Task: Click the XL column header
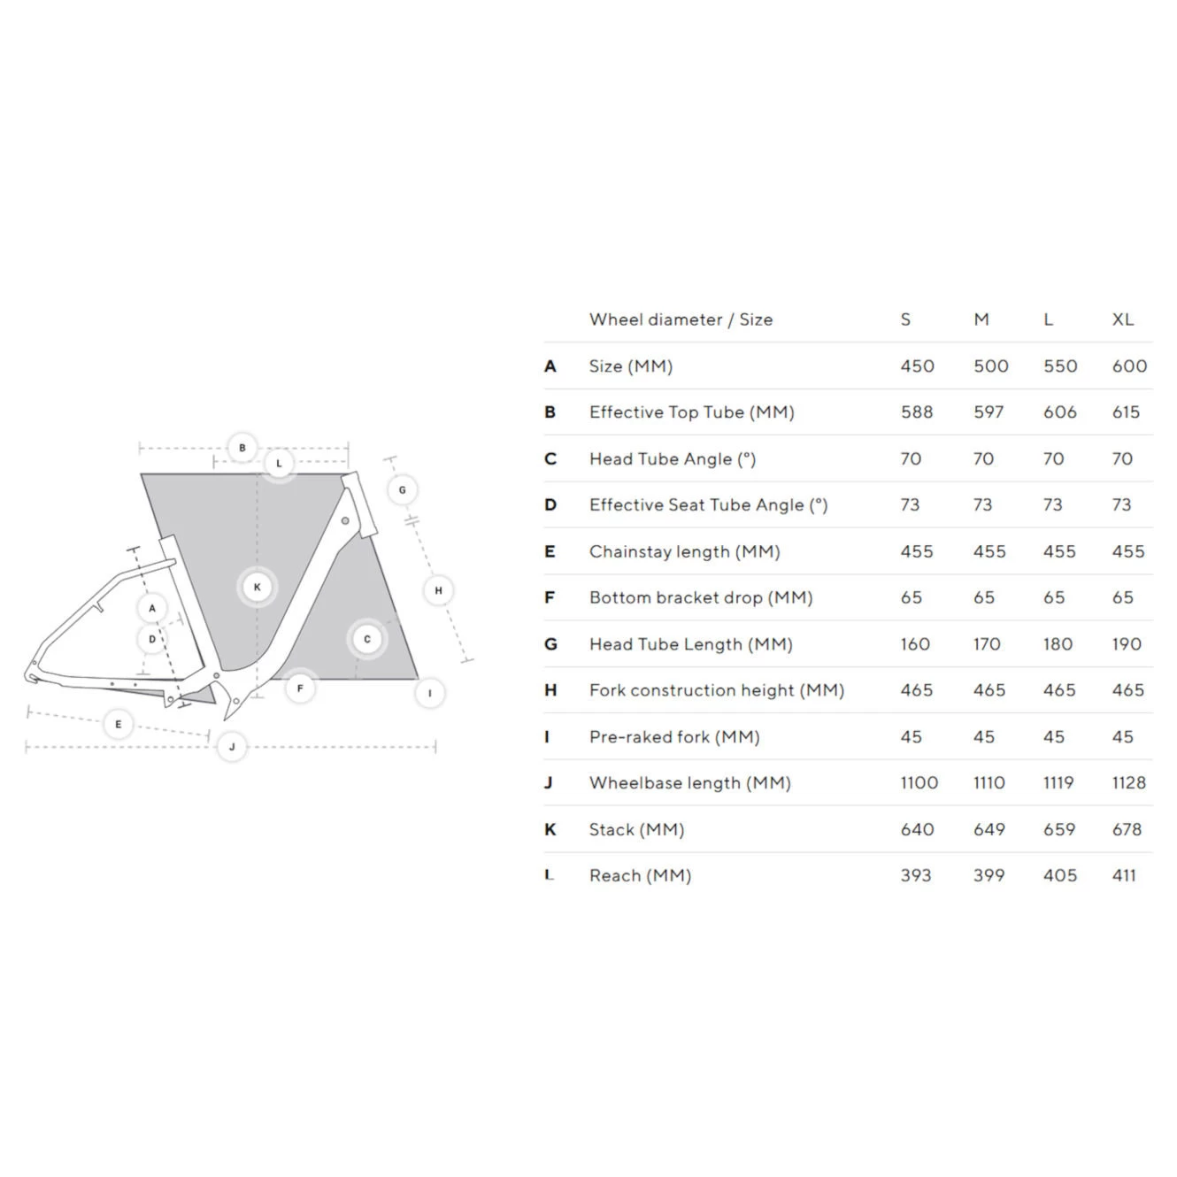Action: (1122, 319)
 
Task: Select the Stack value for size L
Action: (1058, 829)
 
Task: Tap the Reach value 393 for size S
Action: (915, 875)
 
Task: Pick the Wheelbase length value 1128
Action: (1128, 782)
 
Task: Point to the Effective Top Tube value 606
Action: (1059, 412)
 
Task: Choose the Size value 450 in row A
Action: (917, 366)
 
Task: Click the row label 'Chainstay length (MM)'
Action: (684, 551)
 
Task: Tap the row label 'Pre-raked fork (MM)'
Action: (674, 736)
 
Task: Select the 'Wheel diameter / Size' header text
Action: (681, 319)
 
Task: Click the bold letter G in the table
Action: (550, 644)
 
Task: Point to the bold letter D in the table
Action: (550, 505)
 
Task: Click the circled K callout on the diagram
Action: (258, 587)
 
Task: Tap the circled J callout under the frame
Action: (232, 747)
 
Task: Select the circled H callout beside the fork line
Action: (438, 590)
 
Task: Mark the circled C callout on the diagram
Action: (367, 639)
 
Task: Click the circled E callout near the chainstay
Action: (119, 724)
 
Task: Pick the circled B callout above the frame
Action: (242, 448)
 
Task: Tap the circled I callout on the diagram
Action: (430, 693)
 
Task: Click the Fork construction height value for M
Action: (989, 690)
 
